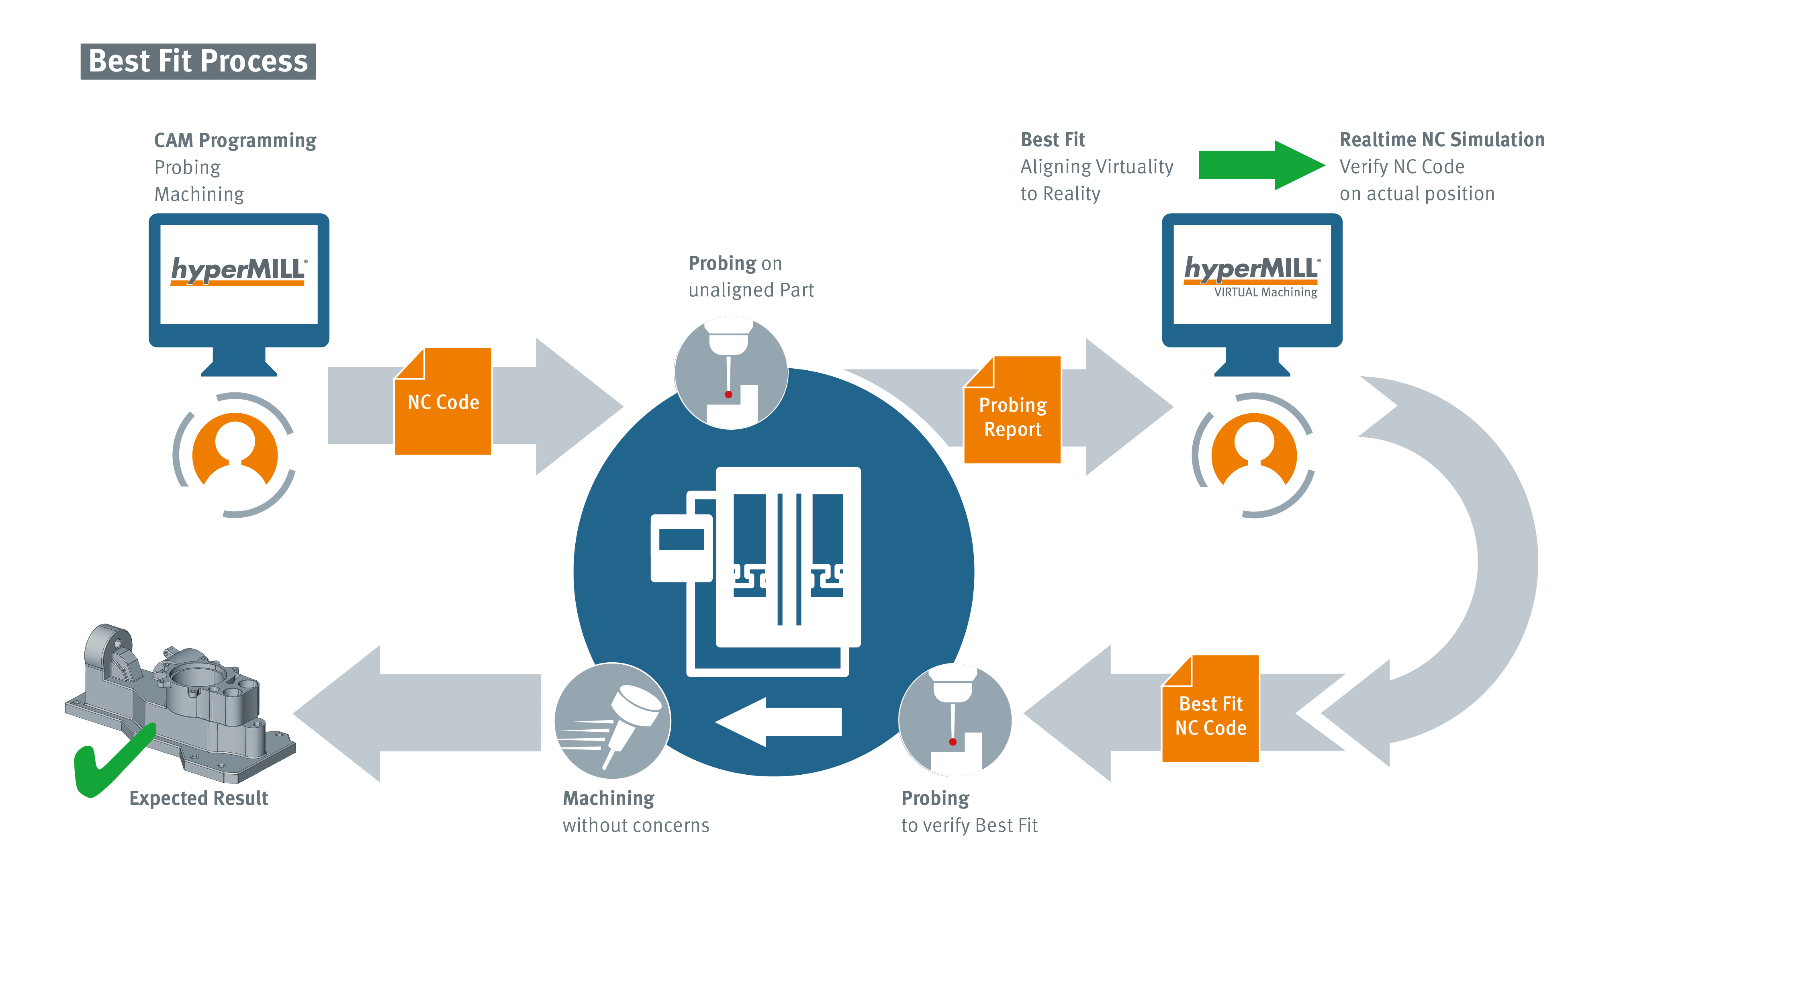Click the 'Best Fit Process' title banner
(198, 61)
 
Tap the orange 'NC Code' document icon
(443, 402)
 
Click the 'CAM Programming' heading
(235, 141)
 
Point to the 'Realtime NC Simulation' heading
(1442, 140)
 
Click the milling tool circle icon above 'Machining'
(612, 721)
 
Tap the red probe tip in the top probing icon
(729, 395)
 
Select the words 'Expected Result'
(199, 799)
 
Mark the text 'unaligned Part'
(751, 290)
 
